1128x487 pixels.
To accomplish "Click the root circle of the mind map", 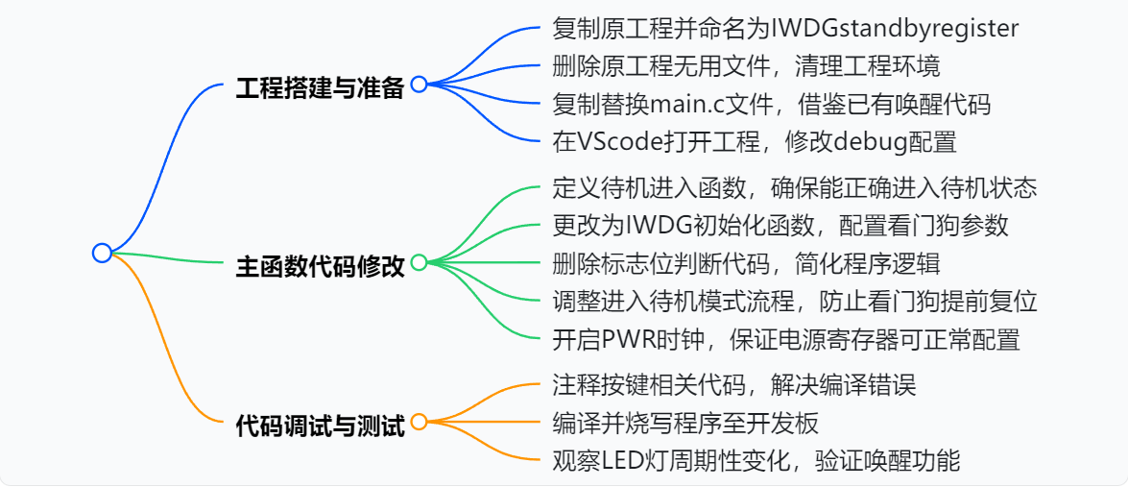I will pos(103,253).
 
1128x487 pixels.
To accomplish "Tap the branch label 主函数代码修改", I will pos(320,265).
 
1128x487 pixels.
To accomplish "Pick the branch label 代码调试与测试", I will pos(320,424).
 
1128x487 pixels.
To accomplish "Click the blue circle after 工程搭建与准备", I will pos(419,85).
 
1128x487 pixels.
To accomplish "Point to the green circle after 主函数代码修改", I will pos(419,262).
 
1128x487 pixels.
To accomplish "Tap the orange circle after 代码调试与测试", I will pos(419,422).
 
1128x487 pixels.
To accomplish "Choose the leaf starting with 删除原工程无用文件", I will pos(746,66).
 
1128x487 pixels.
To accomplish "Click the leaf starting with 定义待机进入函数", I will pos(795,187).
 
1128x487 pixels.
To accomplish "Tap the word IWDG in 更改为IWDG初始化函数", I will pos(653,225).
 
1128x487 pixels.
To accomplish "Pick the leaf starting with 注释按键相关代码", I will pos(734,385).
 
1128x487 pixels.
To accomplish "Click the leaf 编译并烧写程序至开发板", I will pos(685,423).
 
